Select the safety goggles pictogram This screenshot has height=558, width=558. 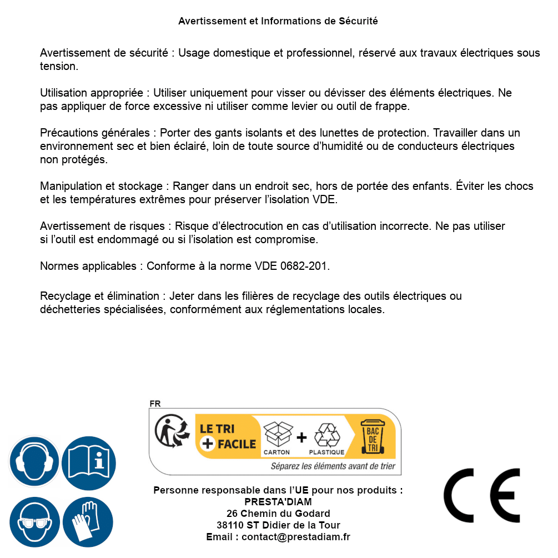point(34,522)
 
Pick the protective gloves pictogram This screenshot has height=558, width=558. point(88,522)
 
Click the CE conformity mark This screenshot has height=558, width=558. point(482,495)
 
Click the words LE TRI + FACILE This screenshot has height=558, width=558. point(227,436)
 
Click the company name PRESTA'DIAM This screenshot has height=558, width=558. point(278,502)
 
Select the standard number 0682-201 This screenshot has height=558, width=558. point(306,267)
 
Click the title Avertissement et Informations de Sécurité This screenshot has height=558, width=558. point(278,21)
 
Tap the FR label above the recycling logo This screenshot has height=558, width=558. point(155,404)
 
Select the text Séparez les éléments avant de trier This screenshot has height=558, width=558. point(333,466)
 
